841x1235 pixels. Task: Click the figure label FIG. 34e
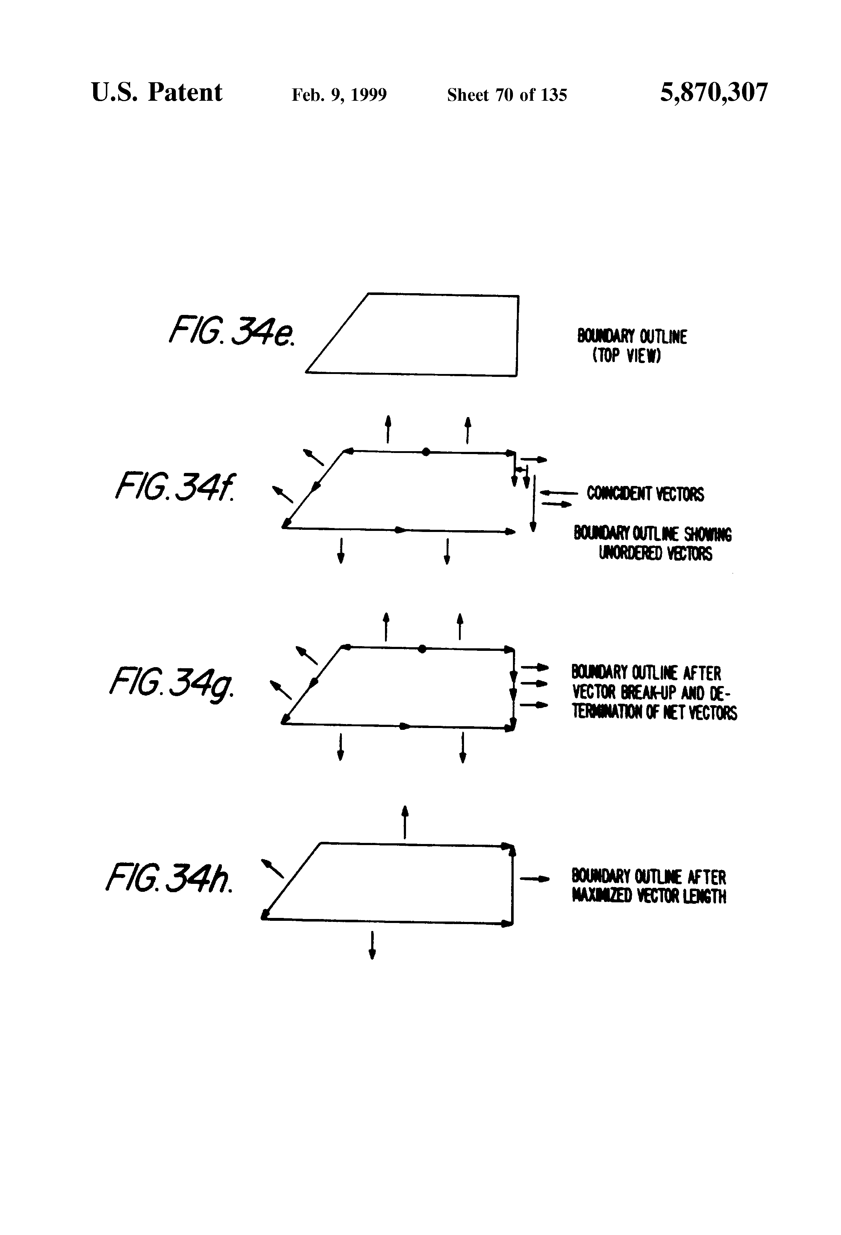pos(232,331)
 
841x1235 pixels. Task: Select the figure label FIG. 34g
pos(171,684)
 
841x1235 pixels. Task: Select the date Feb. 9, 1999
pos(339,95)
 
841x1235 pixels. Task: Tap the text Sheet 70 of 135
pos(507,95)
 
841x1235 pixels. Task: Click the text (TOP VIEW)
pos(626,355)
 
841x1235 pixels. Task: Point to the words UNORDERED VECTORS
pos(655,554)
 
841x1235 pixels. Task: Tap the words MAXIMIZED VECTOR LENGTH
pos(649,897)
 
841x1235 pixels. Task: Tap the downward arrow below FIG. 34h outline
pos(372,945)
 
